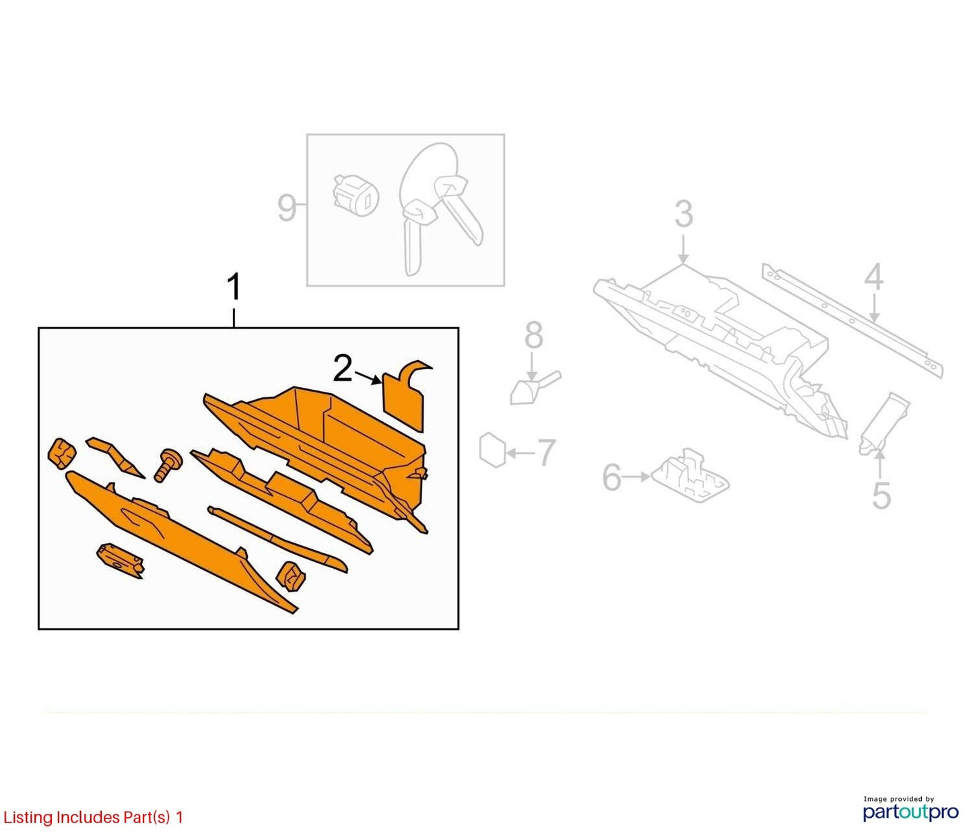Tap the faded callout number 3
click(x=683, y=214)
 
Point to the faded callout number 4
click(x=873, y=277)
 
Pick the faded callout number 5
click(x=881, y=495)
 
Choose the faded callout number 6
click(x=612, y=477)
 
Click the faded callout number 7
click(x=547, y=452)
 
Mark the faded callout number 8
click(x=534, y=335)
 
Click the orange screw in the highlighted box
click(x=169, y=464)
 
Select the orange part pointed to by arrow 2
click(x=406, y=396)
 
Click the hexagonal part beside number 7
click(x=492, y=449)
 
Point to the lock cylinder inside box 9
click(x=356, y=193)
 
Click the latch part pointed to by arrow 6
click(x=690, y=475)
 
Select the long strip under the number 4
click(x=852, y=320)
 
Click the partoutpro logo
click(x=911, y=812)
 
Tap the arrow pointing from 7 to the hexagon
click(x=521, y=453)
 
